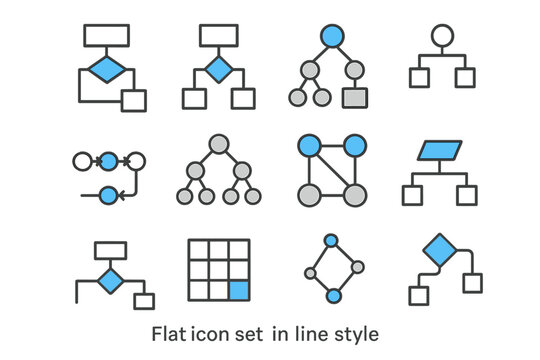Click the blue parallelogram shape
[x=438, y=153]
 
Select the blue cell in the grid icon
[x=238, y=291]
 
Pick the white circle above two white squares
[x=438, y=36]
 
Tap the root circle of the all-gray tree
[x=219, y=142]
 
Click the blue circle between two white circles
[x=109, y=160]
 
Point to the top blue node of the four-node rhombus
[x=330, y=242]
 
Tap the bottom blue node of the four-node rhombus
[x=334, y=295]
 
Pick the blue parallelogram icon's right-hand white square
[x=466, y=195]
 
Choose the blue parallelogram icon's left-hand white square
[x=411, y=195]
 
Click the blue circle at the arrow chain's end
[x=109, y=195]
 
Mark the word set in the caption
[x=247, y=330]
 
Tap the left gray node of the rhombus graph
[x=311, y=273]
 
